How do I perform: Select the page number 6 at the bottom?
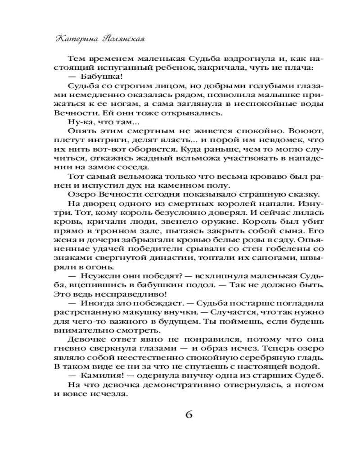point(189,414)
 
